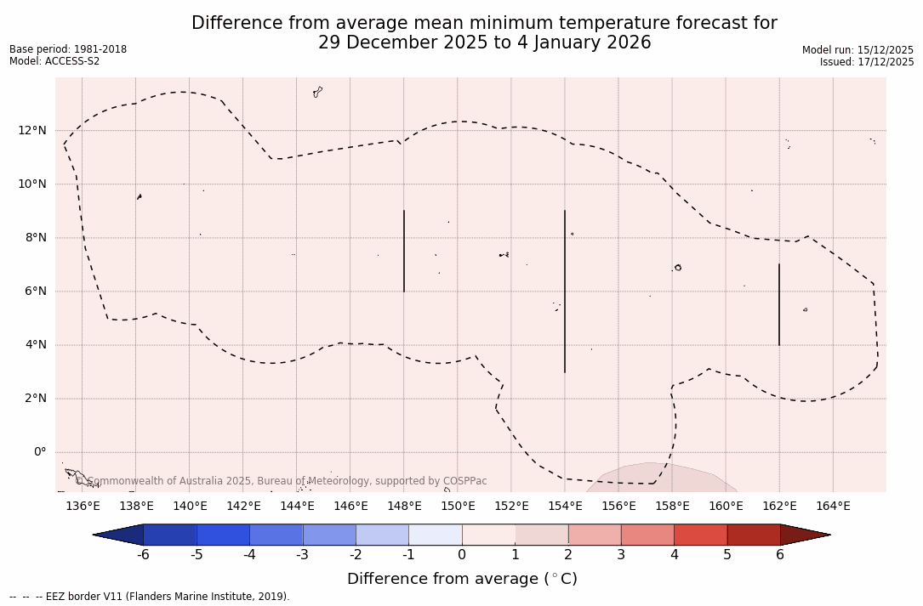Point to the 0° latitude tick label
pyautogui.click(x=39, y=452)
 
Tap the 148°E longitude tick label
pyautogui.click(x=404, y=507)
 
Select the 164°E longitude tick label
pyautogui.click(x=833, y=507)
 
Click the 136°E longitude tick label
pyautogui.click(x=83, y=507)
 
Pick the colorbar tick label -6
pyautogui.click(x=143, y=555)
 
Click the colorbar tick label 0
pyautogui.click(x=462, y=555)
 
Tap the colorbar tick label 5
pyautogui.click(x=727, y=555)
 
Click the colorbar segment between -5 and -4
pyautogui.click(x=223, y=535)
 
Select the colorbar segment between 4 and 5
pyautogui.click(x=700, y=535)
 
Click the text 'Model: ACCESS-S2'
pyautogui.click(x=54, y=61)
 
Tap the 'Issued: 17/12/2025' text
pyautogui.click(x=867, y=62)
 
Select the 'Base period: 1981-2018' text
pyautogui.click(x=68, y=49)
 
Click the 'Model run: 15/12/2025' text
pyautogui.click(x=857, y=50)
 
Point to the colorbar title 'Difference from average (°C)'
pyautogui.click(x=462, y=579)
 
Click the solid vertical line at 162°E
pyautogui.click(x=779, y=304)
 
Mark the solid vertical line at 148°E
pyautogui.click(x=404, y=251)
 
